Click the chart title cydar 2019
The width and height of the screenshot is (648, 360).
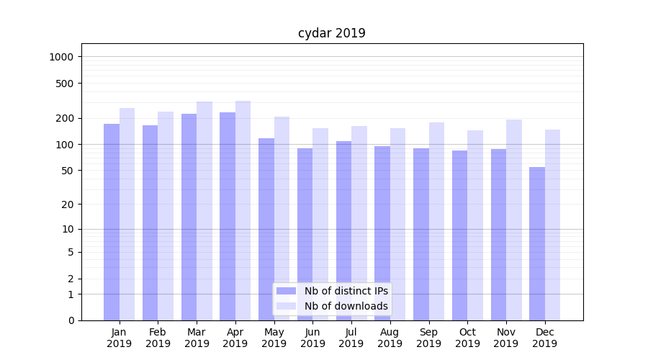pos(331,33)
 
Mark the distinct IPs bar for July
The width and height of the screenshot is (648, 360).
pos(343,230)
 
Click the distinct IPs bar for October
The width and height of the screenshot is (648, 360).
pos(459,235)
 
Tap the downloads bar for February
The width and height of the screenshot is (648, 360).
pos(166,216)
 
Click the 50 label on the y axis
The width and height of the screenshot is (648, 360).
pos(68,171)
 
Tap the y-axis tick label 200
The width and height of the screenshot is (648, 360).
pos(66,118)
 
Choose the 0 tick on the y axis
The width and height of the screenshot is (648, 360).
pos(71,320)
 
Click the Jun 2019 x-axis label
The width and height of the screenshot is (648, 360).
pos(312,338)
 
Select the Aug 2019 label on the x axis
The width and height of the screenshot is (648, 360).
pos(390,338)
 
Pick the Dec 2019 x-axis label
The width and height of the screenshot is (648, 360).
pos(545,338)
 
